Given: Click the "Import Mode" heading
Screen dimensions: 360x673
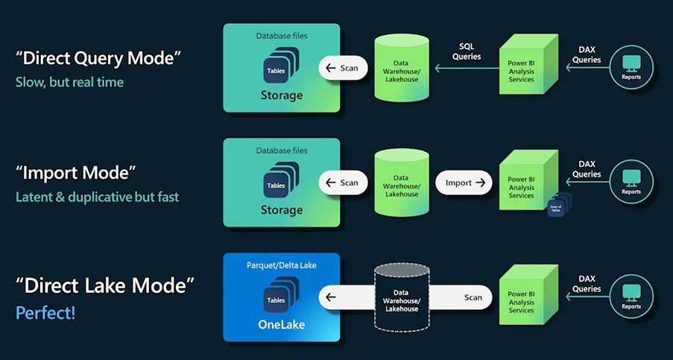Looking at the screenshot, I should coord(76,173).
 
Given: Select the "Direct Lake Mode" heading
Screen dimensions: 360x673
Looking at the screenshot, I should coord(105,285).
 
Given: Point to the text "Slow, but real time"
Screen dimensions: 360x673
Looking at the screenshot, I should coord(69,83).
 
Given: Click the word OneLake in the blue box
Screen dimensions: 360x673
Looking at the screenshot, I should coord(281,325).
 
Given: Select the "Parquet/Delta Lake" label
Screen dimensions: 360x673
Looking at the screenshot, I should coord(281,266).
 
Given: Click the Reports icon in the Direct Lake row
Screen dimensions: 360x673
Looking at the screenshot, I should coord(631,295).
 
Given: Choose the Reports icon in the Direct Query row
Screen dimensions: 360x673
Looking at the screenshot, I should coord(631,66).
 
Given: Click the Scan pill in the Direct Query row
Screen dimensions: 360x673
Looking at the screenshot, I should coord(343,69).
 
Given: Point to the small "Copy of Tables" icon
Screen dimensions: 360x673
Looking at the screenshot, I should coord(556,208).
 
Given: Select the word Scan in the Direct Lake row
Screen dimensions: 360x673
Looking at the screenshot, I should coord(473,297).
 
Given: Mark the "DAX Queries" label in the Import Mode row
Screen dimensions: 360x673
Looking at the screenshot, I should coord(587,169).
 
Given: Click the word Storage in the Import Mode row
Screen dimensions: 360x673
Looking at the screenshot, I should coord(281,210).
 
